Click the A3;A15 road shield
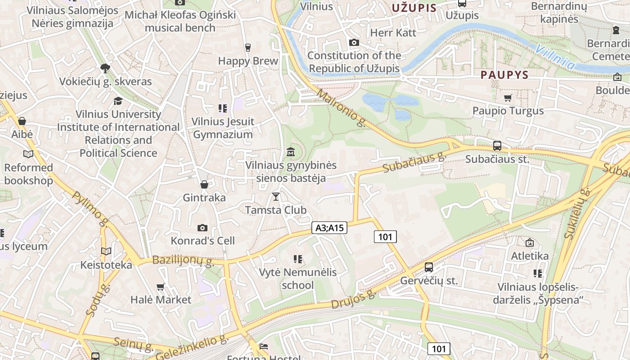(x=329, y=228)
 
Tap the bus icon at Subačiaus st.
(x=497, y=146)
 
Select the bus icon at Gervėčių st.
(x=428, y=267)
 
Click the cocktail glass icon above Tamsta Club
(x=275, y=197)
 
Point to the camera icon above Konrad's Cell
(x=202, y=228)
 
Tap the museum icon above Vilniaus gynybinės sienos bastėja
(x=291, y=152)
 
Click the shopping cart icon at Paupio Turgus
(x=508, y=98)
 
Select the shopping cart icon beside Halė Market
(x=160, y=287)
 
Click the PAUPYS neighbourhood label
(x=504, y=75)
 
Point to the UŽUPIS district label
(x=414, y=8)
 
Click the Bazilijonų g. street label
(x=183, y=261)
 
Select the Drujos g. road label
(x=353, y=299)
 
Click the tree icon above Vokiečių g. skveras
(x=105, y=68)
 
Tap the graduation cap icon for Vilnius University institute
(x=118, y=101)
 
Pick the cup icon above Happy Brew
(x=247, y=47)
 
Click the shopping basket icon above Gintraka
(x=204, y=184)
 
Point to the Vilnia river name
(x=556, y=57)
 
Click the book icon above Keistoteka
(x=106, y=252)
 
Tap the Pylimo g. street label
(x=90, y=209)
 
